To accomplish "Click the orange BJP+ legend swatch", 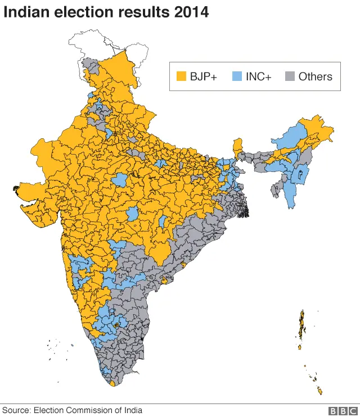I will [182, 77].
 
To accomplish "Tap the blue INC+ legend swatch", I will [236, 77].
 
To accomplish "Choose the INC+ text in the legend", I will [258, 77].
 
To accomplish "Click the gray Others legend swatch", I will [290, 77].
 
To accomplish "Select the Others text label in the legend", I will [315, 77].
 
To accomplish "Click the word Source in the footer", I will [16, 410].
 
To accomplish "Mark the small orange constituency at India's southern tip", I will [113, 383].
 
